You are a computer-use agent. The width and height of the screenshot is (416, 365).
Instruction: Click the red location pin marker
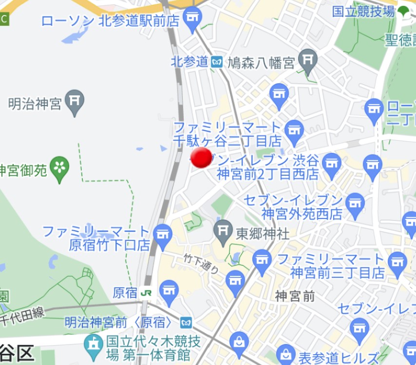(201, 157)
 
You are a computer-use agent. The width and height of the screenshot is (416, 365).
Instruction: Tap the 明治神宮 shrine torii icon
(75, 101)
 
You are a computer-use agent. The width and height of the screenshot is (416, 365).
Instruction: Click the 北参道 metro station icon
(217, 62)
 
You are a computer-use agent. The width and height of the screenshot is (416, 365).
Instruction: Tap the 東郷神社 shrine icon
(224, 231)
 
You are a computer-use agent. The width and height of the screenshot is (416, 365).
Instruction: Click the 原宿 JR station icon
(145, 293)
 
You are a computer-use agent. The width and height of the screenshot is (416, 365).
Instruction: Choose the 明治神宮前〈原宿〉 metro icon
(186, 322)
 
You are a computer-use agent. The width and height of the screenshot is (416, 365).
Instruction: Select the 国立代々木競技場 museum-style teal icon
(93, 344)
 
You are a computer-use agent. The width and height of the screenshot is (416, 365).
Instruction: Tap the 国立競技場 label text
(363, 11)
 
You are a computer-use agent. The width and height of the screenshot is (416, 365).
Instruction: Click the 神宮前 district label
(295, 295)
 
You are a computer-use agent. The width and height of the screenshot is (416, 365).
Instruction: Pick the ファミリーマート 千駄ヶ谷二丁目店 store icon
(294, 131)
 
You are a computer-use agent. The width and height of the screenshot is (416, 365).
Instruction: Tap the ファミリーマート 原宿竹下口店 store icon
(163, 235)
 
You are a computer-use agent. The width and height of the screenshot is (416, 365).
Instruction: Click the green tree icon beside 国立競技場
(403, 10)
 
